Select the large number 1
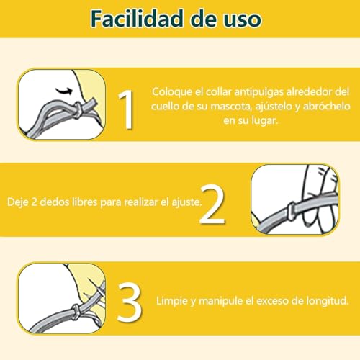tap(126, 108)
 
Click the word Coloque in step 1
tap(171, 93)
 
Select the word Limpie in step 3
tap(172, 299)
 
